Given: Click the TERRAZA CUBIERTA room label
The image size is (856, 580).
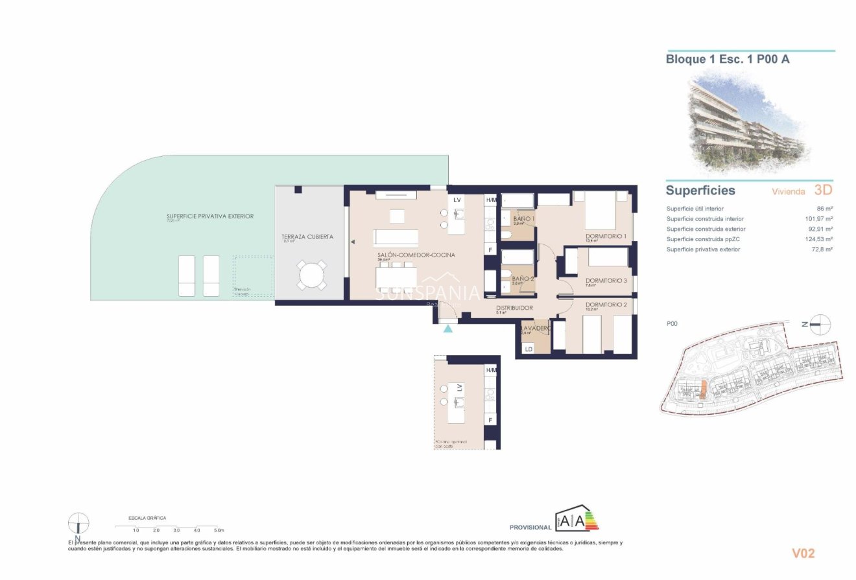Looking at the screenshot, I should pyautogui.click(x=307, y=237).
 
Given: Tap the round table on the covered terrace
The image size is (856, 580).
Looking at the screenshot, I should pyautogui.click(x=312, y=275).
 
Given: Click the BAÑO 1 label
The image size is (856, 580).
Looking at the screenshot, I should pyautogui.click(x=523, y=220).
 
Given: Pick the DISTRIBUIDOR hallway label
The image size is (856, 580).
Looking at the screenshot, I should pyautogui.click(x=514, y=308).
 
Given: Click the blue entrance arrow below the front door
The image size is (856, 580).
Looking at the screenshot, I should pyautogui.click(x=448, y=329).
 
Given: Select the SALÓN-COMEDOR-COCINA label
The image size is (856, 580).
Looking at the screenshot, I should pyautogui.click(x=416, y=255).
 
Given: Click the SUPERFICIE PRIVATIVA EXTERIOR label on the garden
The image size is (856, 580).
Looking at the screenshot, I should pyautogui.click(x=210, y=216).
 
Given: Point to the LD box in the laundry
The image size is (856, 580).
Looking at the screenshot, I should pyautogui.click(x=529, y=349).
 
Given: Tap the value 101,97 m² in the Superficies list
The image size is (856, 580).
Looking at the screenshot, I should pyautogui.click(x=818, y=219).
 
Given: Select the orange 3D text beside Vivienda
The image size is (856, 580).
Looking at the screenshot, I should pyautogui.click(x=823, y=191).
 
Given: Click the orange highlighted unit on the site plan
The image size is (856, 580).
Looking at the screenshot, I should pyautogui.click(x=702, y=390).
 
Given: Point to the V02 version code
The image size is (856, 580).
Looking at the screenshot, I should pyautogui.click(x=803, y=553).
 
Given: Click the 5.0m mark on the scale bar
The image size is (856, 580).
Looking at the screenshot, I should pyautogui.click(x=219, y=530).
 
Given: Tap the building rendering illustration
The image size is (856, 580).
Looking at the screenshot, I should pyautogui.click(x=746, y=123).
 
